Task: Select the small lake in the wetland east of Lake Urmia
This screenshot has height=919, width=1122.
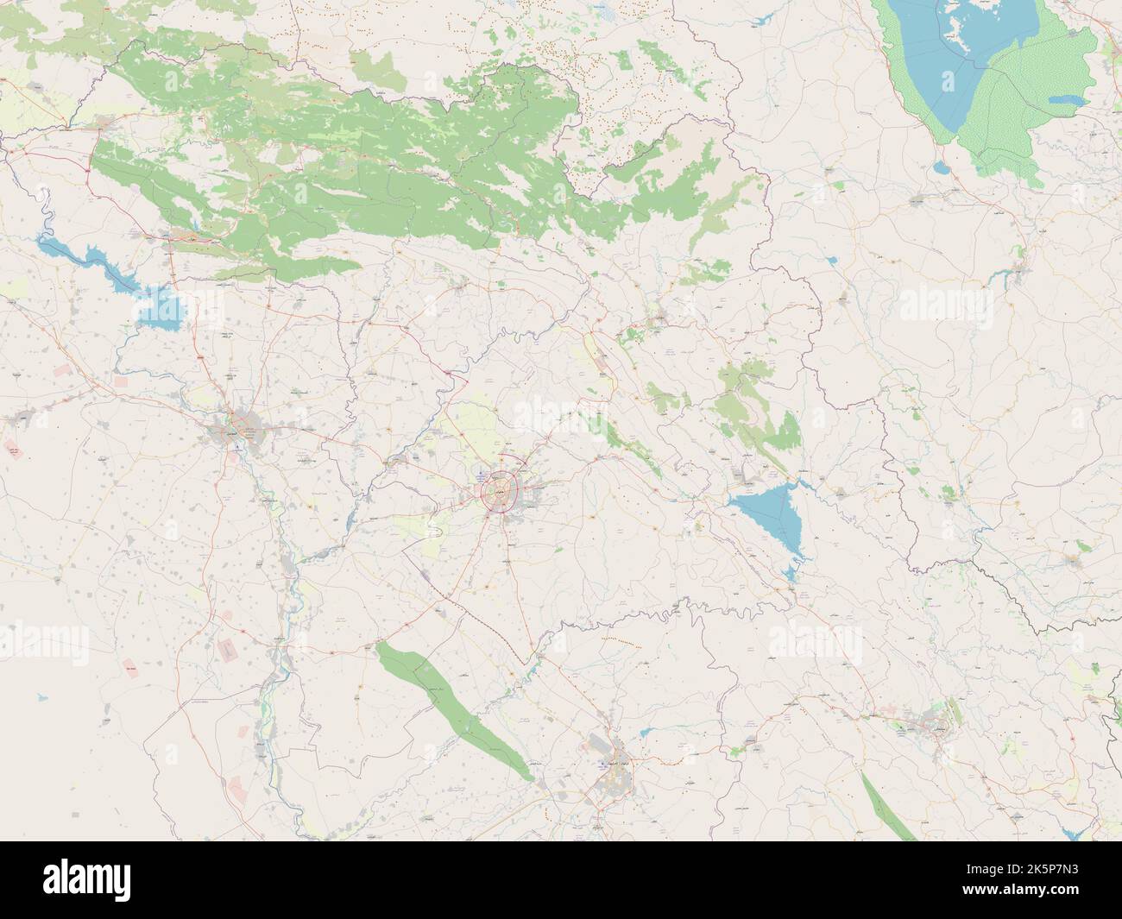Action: tap(1066, 101)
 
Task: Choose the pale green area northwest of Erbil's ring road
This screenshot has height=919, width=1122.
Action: tap(466, 423)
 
